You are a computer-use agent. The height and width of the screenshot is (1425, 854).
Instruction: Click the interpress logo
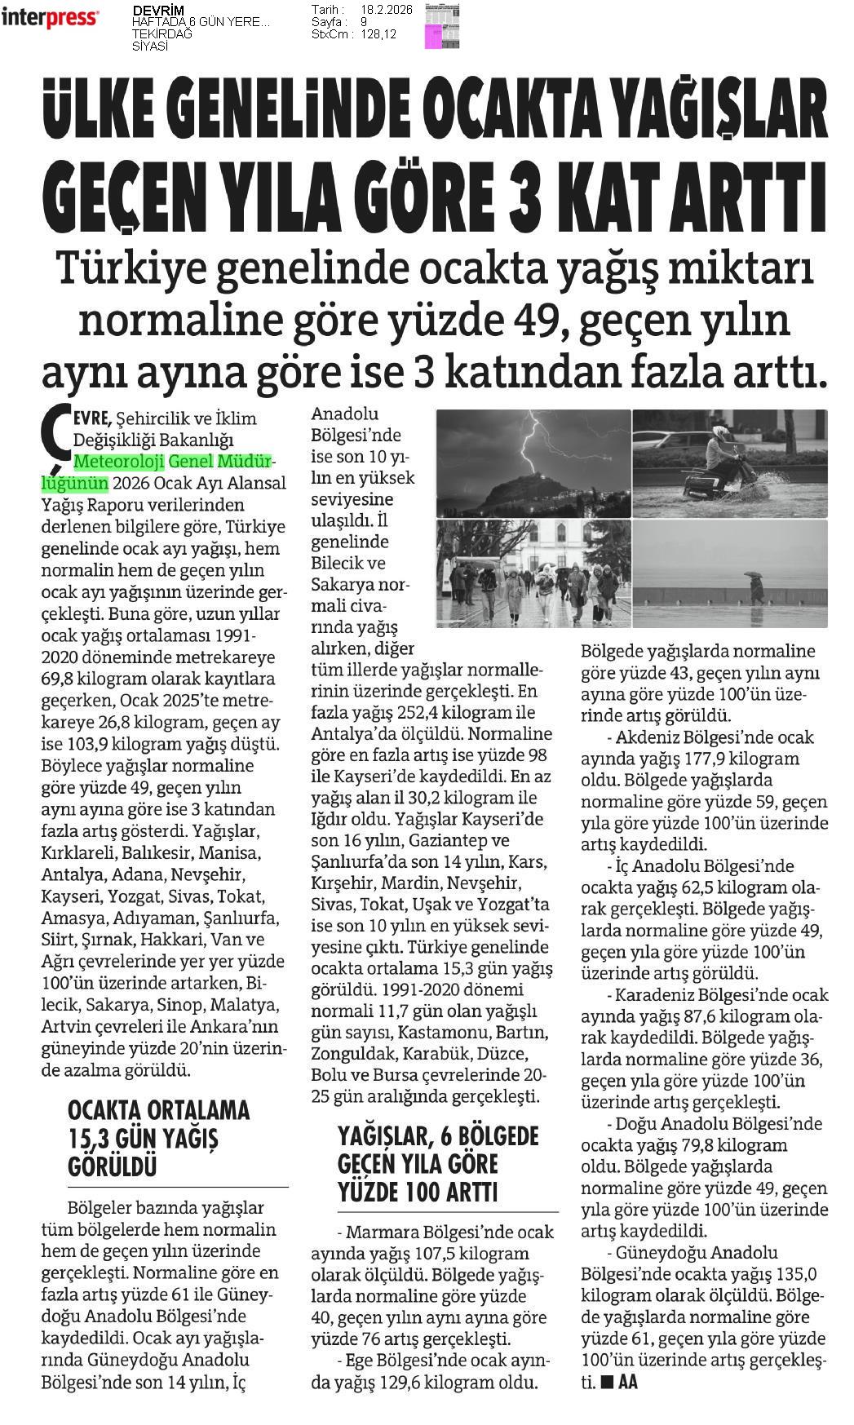(x=50, y=18)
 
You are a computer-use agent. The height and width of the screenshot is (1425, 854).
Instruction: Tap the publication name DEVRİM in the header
(x=158, y=11)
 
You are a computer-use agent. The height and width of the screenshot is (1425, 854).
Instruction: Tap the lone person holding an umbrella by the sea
(x=756, y=586)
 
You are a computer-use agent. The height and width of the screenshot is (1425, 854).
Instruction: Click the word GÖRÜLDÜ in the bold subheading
(x=111, y=1165)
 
